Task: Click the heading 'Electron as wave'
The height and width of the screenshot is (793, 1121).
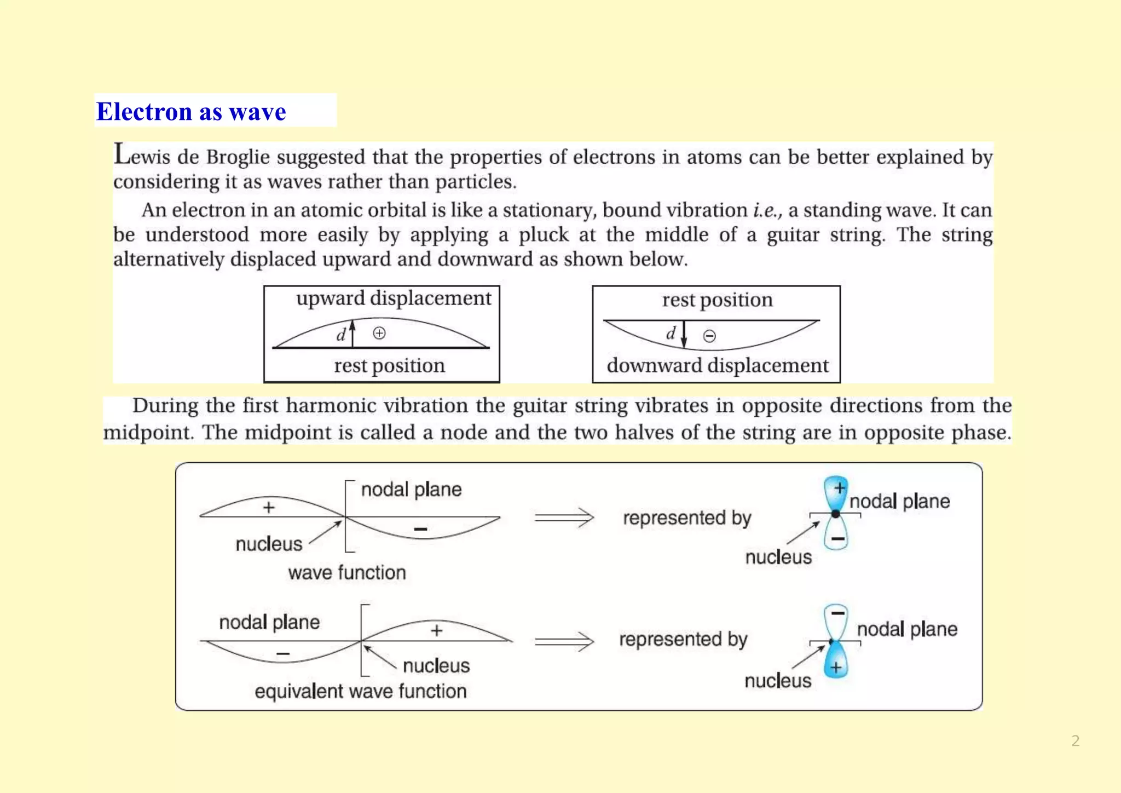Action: (191, 112)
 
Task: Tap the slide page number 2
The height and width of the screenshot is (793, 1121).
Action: (1075, 741)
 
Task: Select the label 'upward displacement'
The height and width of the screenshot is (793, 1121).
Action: (394, 298)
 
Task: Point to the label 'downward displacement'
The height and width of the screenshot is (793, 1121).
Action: (718, 365)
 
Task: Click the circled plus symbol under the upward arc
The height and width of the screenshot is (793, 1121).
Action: (379, 333)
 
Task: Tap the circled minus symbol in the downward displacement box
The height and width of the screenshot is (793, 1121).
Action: (709, 336)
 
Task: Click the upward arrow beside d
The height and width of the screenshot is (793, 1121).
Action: (353, 332)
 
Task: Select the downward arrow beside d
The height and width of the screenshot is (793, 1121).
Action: (684, 334)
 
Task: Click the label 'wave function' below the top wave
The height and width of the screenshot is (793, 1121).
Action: (347, 573)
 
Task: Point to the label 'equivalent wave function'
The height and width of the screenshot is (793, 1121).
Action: (360, 691)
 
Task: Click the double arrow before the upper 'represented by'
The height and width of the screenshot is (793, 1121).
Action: (564, 518)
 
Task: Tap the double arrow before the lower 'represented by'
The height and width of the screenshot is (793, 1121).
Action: (564, 641)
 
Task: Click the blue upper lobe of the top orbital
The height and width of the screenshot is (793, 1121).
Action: (835, 491)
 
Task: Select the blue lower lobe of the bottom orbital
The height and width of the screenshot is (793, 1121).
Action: (835, 662)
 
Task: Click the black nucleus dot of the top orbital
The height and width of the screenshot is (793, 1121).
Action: (835, 514)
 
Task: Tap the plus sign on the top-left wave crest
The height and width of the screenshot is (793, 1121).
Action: (268, 508)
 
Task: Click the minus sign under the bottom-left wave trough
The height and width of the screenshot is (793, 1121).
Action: (283, 654)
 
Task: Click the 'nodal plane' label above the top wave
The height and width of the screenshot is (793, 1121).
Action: (411, 489)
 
